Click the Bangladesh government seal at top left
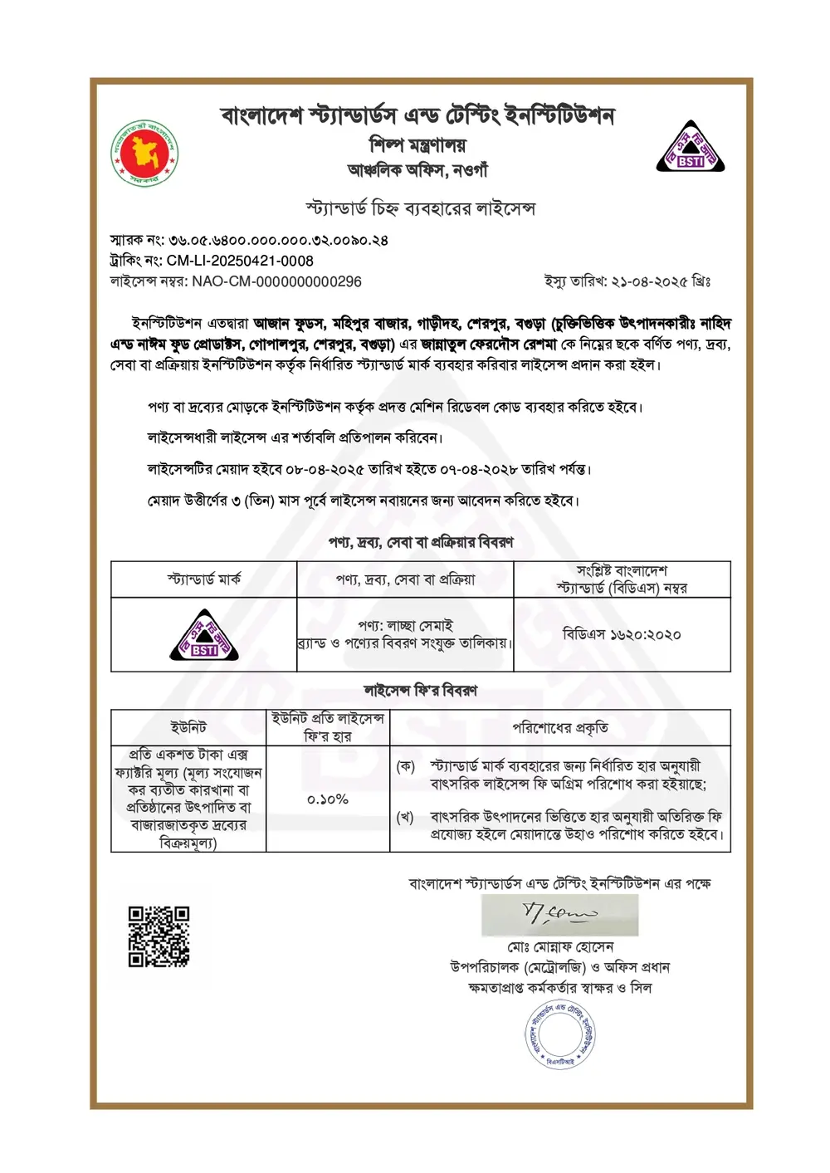tap(145, 153)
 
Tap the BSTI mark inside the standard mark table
tap(204, 636)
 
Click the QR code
tap(159, 936)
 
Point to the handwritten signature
tap(559, 915)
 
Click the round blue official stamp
tap(560, 1034)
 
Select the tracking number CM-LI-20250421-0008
tap(240, 261)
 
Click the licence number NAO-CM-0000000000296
tap(276, 281)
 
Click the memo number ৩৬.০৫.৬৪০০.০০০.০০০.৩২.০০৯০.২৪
tap(278, 241)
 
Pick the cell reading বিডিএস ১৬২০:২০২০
tap(622, 635)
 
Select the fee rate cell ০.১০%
tap(328, 799)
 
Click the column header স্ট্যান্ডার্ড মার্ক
tap(204, 579)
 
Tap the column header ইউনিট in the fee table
tap(188, 728)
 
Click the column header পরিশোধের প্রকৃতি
tap(560, 728)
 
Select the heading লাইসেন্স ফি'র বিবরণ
tap(420, 691)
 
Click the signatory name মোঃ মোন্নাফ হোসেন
tap(560, 947)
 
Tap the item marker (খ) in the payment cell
tap(405, 818)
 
